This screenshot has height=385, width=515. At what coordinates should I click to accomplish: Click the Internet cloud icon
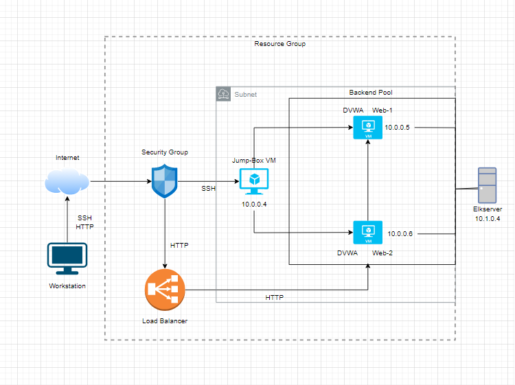tap(67, 181)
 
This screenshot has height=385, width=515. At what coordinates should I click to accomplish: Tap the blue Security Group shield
tap(165, 181)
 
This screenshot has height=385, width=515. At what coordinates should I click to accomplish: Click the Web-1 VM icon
tap(367, 128)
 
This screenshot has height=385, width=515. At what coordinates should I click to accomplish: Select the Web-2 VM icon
tap(367, 233)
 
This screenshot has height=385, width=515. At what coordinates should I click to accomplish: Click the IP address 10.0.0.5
tap(398, 128)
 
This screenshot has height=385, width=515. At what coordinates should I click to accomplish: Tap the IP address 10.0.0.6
tap(400, 234)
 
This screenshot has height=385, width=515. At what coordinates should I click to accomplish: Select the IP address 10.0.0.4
tap(254, 205)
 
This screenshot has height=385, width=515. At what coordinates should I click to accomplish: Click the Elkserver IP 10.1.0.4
tap(488, 219)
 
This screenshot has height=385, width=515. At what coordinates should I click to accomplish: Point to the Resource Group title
tap(279, 44)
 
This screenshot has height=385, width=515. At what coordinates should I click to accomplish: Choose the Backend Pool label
tap(371, 93)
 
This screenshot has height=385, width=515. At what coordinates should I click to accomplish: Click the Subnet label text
tap(245, 94)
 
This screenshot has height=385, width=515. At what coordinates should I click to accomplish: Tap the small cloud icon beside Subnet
tap(224, 94)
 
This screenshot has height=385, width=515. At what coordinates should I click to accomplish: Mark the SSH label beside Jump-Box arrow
tap(208, 188)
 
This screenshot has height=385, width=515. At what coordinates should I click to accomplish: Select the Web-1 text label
tap(383, 110)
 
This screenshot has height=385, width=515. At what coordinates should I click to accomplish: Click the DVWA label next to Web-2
tap(347, 253)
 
